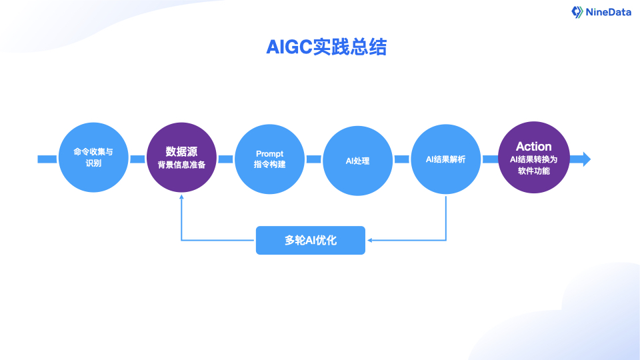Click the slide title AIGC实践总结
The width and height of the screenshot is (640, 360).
click(x=326, y=47)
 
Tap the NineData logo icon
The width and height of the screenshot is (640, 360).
click(x=577, y=11)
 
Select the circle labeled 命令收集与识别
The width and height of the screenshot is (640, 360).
click(x=93, y=159)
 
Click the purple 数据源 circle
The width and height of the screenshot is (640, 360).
click(x=181, y=159)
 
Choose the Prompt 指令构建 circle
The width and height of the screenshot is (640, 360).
click(x=269, y=159)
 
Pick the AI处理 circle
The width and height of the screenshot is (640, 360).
click(x=357, y=160)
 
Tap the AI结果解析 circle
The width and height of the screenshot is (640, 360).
click(x=445, y=159)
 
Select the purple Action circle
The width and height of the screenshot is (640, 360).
click(x=533, y=159)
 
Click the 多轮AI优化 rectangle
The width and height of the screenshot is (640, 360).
click(x=311, y=240)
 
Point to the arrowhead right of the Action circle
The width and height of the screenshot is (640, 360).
click(x=586, y=159)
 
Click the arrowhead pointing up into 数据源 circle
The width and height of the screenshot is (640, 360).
click(x=181, y=198)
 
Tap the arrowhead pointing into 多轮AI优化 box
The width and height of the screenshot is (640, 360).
click(x=370, y=240)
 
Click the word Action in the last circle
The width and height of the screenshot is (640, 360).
click(x=533, y=147)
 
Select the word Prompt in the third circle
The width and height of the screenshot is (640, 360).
click(x=269, y=153)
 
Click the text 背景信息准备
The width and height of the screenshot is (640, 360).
click(x=181, y=165)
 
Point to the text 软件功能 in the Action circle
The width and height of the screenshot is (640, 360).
click(x=533, y=171)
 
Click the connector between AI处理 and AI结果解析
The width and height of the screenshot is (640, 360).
click(x=401, y=159)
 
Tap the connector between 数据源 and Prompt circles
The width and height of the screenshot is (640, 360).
click(x=225, y=159)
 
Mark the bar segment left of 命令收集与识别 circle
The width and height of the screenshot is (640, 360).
click(x=47, y=159)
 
